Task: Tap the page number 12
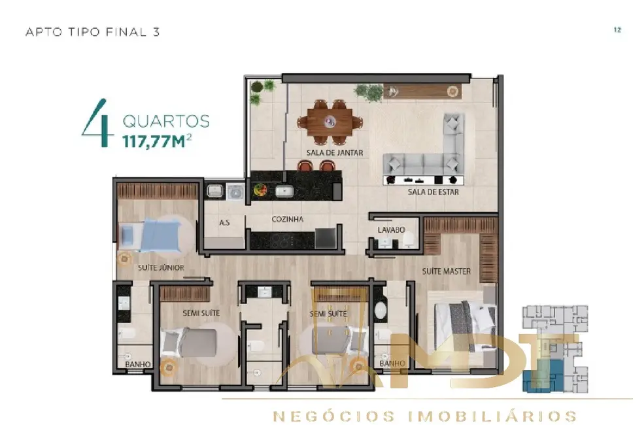617,30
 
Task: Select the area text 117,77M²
157,140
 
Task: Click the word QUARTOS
166,122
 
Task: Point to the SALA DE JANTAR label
334,153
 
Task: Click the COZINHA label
288,220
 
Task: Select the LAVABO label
391,230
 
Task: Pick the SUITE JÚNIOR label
161,268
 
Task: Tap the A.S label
224,222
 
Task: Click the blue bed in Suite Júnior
150,234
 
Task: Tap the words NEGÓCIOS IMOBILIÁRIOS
424,416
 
